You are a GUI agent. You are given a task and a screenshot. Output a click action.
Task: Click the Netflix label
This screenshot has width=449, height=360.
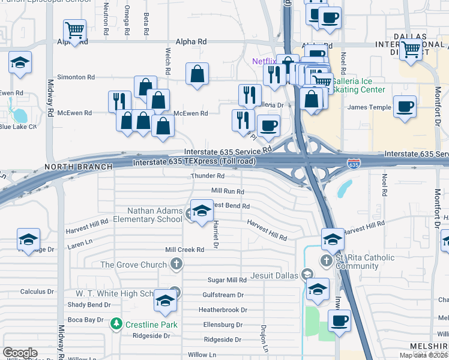pos(264,61)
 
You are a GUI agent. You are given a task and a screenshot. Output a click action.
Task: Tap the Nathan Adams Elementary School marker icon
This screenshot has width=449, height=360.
pos(202,211)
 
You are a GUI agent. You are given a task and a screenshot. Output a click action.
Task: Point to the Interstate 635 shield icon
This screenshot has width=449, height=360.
pos(354,163)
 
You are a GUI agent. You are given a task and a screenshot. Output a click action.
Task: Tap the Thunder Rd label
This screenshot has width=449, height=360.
pos(208,176)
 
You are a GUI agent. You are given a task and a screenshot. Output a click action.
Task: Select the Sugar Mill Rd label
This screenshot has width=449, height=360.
pos(227,280)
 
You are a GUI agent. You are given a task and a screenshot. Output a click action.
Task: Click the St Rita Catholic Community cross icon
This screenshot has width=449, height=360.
pos(326,261)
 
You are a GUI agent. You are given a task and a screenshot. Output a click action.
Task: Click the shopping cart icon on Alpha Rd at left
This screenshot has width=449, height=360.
pos(74,29)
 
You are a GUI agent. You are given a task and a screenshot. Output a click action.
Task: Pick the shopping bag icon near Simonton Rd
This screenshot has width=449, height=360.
pos(197,75)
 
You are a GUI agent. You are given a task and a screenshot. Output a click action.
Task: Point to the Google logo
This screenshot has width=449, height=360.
pos(20,352)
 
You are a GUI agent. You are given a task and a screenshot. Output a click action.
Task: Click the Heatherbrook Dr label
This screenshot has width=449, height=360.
pos(223,310)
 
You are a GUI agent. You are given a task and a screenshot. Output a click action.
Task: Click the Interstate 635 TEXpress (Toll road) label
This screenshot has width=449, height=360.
pos(194,161)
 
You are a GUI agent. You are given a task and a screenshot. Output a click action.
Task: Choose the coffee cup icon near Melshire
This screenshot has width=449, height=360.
pos(339,320)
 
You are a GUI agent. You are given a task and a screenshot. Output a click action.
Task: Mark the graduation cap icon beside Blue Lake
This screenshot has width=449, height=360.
pos(20,62)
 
